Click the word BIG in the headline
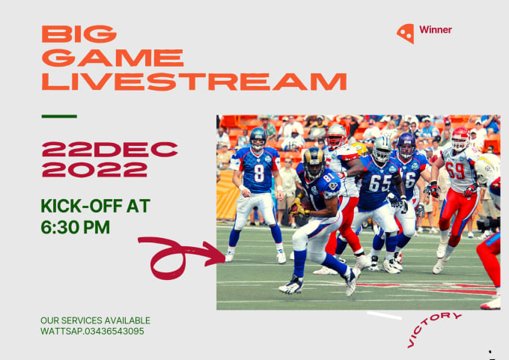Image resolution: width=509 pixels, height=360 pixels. pos(79,34)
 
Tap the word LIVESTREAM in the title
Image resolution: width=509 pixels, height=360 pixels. pos(194,82)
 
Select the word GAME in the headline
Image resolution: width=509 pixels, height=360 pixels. pos(112,58)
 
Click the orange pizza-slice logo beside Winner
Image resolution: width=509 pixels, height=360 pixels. pos(406,33)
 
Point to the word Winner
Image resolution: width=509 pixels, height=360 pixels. pos(436,30)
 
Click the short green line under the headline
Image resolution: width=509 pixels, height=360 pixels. pos(59,116)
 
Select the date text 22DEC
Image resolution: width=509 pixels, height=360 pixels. pos(110,150)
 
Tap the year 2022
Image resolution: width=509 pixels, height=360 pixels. pos(94,170)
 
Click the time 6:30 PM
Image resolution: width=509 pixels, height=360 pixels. pos(76,228)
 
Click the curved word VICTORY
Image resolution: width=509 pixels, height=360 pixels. pos(432,329)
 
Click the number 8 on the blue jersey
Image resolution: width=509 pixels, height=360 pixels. pos(259,173)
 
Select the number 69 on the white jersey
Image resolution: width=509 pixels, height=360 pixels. pos(455,171)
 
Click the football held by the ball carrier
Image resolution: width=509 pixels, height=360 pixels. pos(299,208)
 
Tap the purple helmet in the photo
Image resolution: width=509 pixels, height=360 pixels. pos(406,143)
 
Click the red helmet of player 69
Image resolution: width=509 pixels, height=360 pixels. pos(460,138)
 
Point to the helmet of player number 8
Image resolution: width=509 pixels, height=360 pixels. pos(258,138)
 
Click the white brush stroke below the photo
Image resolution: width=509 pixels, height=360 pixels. pos(384,315)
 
